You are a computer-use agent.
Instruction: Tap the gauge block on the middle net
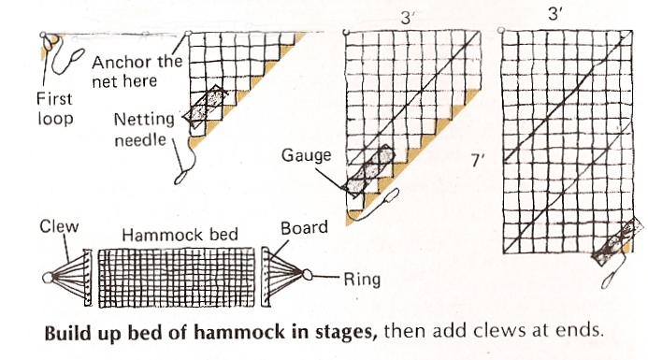click(366, 170)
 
